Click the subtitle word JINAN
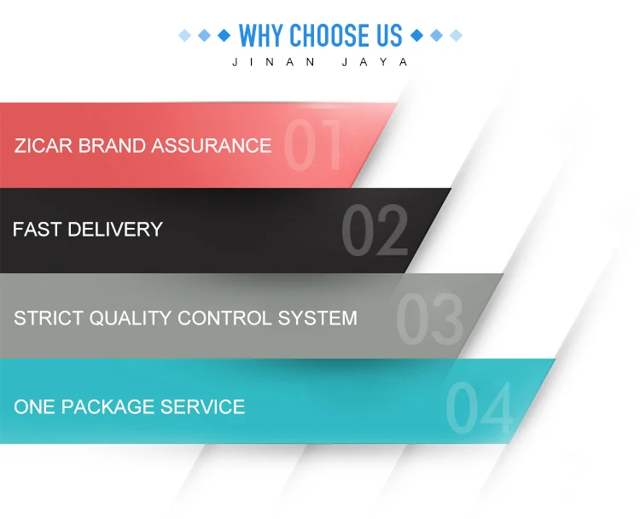(x=274, y=62)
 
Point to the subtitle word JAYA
(x=375, y=62)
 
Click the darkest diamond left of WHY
(x=224, y=36)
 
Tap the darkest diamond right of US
(x=416, y=36)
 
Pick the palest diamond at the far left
(x=185, y=36)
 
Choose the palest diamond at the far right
(x=456, y=36)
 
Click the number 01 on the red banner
(x=313, y=144)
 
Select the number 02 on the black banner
(x=375, y=230)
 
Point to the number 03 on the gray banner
(x=429, y=319)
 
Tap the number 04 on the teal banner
(x=480, y=407)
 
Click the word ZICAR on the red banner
(x=44, y=146)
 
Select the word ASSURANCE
(x=212, y=146)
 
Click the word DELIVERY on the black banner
(x=115, y=229)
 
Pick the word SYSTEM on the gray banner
(x=317, y=318)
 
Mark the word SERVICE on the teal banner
(x=202, y=406)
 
